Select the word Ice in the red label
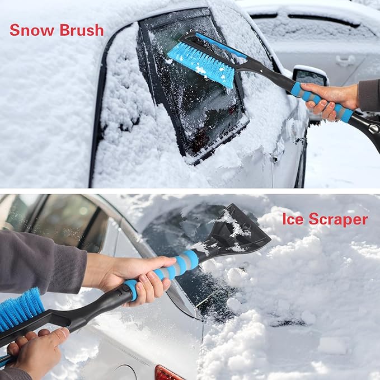pyautogui.click(x=292, y=219)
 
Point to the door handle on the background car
pyautogui.click(x=345, y=60)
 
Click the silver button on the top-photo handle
pyautogui.click(x=373, y=129)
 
